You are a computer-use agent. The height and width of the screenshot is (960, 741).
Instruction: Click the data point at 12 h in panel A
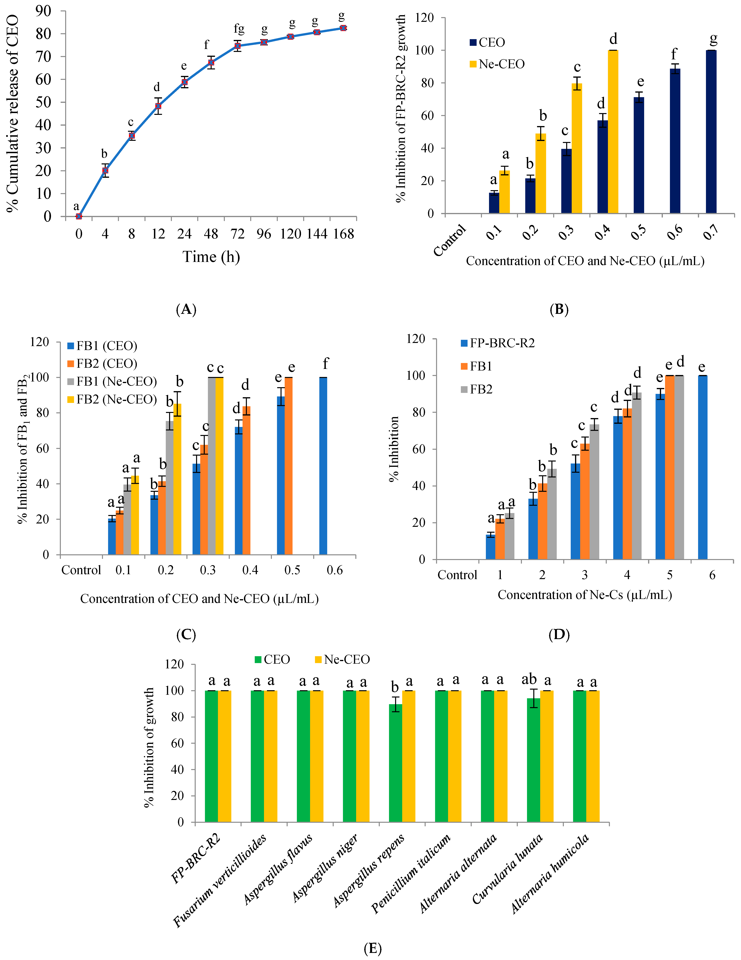[158, 106]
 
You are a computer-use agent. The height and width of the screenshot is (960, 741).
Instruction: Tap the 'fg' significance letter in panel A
[239, 29]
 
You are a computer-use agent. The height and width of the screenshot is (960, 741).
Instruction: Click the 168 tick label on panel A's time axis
[343, 234]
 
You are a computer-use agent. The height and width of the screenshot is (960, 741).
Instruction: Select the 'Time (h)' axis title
[211, 257]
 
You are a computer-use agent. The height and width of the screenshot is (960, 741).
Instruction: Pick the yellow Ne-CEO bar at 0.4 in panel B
[613, 132]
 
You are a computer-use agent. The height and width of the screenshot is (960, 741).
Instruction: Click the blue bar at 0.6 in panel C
[323, 466]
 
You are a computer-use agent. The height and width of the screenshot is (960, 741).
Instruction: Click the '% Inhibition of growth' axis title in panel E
[150, 747]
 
